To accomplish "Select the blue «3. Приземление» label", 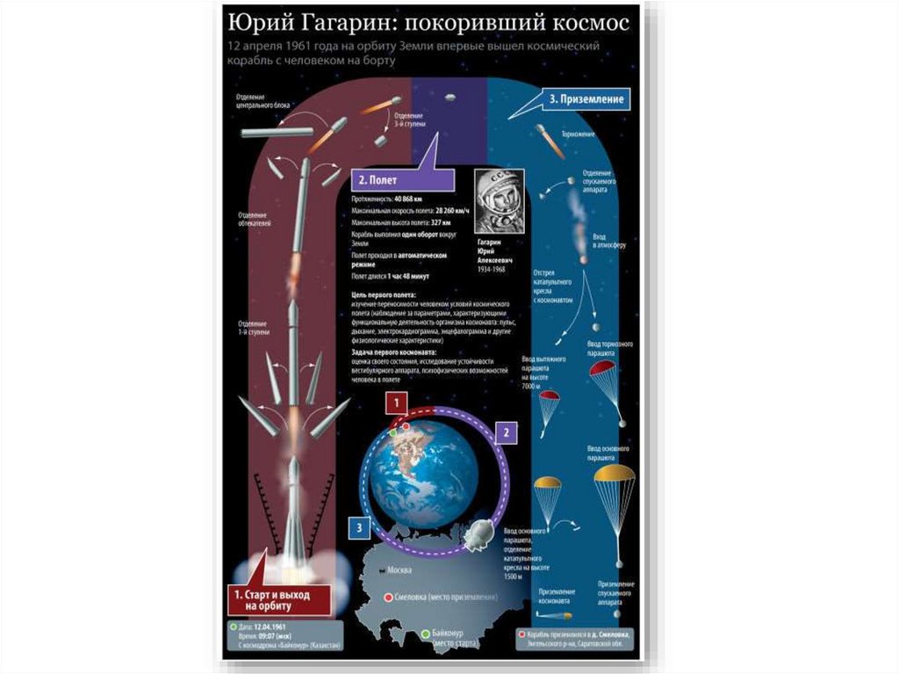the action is click(586, 99).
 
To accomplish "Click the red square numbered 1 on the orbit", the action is click(398, 404).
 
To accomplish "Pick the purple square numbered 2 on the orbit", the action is click(505, 431).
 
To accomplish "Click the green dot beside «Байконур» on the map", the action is click(425, 634).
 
